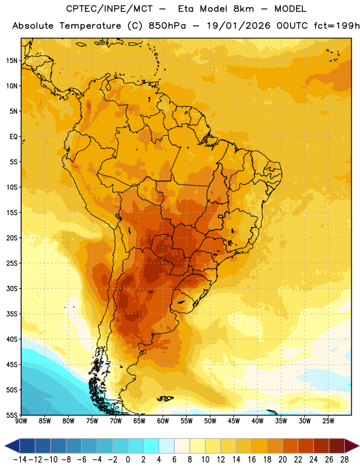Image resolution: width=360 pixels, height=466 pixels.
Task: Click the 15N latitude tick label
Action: (12, 61)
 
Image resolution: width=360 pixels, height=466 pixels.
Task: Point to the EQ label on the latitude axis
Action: (13, 137)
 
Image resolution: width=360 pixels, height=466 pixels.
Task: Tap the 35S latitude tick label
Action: (12, 314)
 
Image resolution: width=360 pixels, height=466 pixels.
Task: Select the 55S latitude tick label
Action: (12, 415)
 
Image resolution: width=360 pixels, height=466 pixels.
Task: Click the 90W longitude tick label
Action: (21, 421)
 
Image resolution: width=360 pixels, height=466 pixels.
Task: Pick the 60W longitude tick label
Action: (163, 421)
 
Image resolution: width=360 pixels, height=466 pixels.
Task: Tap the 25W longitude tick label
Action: (328, 421)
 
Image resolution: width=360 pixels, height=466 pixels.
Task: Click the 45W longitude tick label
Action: (234, 421)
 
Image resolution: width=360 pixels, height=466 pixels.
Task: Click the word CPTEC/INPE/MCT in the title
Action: (110, 9)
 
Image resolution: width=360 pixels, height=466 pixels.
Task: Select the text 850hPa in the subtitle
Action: (167, 26)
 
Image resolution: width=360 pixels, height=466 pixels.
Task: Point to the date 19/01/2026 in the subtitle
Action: (239, 26)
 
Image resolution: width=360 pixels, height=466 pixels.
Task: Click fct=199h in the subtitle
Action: (337, 26)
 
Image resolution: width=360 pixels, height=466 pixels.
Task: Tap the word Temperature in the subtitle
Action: (90, 26)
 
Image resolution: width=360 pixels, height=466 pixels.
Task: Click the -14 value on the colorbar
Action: (20, 460)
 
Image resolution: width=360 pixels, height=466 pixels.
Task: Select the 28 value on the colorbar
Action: (344, 460)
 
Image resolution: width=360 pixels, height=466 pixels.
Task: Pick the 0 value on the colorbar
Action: (128, 460)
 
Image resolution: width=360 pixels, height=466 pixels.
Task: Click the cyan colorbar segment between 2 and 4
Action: (151, 446)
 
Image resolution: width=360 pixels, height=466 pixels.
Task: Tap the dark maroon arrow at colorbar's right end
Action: (351, 446)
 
